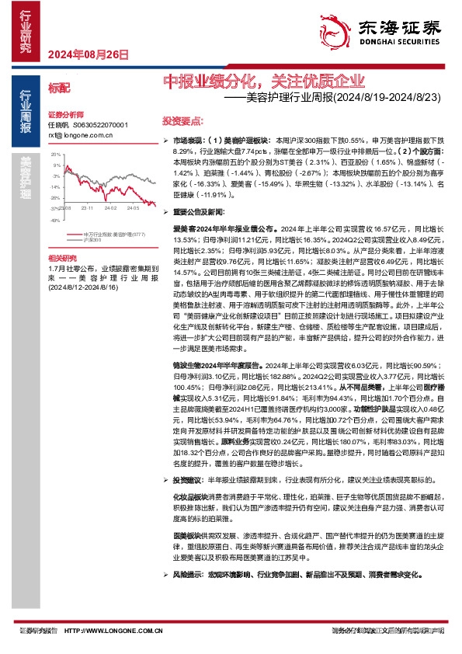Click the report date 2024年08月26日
click(x=87, y=54)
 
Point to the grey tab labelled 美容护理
click(x=26, y=178)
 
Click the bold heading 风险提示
click(x=189, y=576)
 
